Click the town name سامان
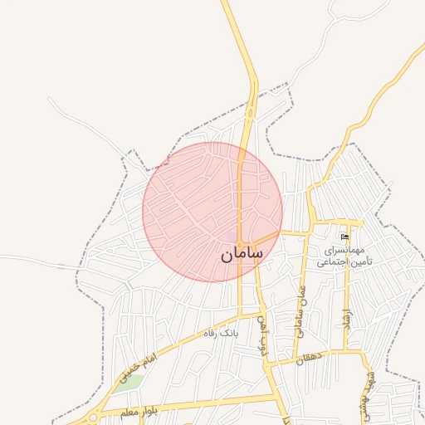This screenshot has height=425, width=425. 243,256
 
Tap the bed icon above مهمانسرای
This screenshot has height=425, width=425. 345,237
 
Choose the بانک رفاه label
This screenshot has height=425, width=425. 221,333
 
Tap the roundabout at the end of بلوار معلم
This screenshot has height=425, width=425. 93,418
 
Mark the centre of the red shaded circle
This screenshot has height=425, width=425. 212,212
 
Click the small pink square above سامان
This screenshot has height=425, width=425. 231,236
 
